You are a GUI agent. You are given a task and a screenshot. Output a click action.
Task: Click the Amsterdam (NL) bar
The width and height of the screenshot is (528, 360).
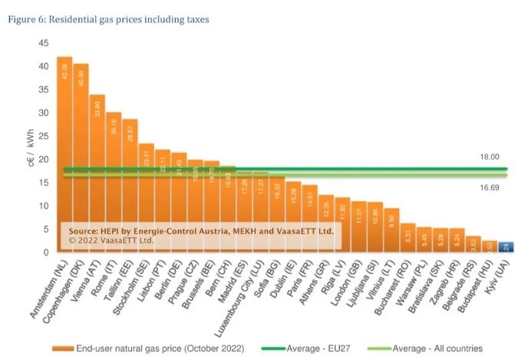64,154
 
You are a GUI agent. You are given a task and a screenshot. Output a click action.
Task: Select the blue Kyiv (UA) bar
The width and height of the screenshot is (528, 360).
506,246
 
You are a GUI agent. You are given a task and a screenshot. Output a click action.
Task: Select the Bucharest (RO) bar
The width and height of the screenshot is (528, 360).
408,237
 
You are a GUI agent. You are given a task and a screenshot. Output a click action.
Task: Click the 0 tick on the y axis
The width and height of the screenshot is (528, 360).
45,253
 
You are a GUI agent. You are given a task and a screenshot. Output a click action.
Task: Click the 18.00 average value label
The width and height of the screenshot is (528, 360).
489,157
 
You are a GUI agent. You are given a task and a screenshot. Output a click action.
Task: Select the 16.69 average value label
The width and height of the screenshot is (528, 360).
489,187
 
